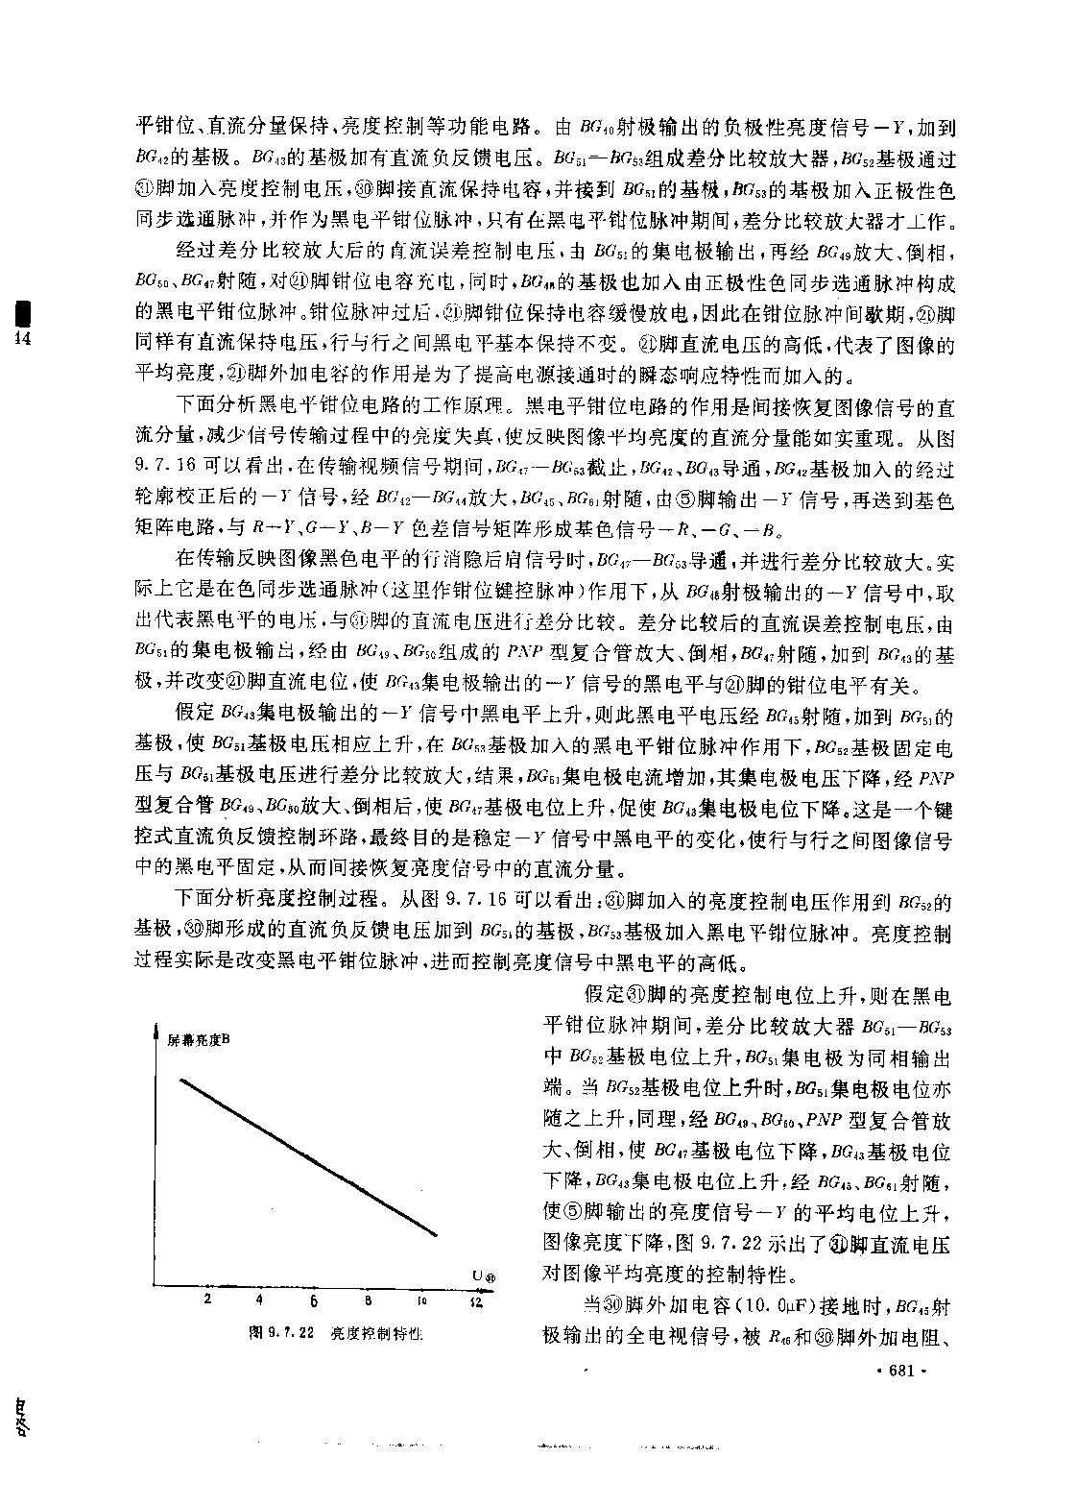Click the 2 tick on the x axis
point(206,1301)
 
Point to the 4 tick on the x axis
point(260,1301)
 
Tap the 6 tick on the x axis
point(314,1302)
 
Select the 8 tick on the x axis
point(368,1301)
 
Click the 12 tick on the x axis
point(475,1302)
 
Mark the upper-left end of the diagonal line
point(180,1081)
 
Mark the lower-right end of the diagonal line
point(439,1235)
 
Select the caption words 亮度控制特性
point(377,1333)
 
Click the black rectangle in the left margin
point(15,315)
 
